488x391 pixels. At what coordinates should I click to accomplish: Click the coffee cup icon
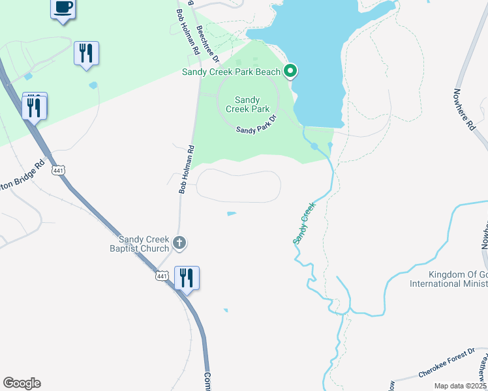[x=63, y=8]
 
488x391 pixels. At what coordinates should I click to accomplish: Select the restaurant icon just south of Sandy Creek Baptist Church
[x=187, y=278]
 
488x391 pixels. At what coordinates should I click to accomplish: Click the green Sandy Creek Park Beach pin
[x=291, y=71]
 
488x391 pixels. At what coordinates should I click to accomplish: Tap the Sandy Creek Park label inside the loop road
[x=247, y=104]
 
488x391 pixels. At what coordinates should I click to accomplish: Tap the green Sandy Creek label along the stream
[x=304, y=224]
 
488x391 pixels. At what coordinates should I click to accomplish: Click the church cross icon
[x=181, y=244]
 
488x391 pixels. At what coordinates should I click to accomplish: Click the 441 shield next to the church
[x=162, y=276]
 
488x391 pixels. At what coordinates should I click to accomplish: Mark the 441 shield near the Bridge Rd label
[x=58, y=171]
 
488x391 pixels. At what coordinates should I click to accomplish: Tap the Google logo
[x=22, y=383]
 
